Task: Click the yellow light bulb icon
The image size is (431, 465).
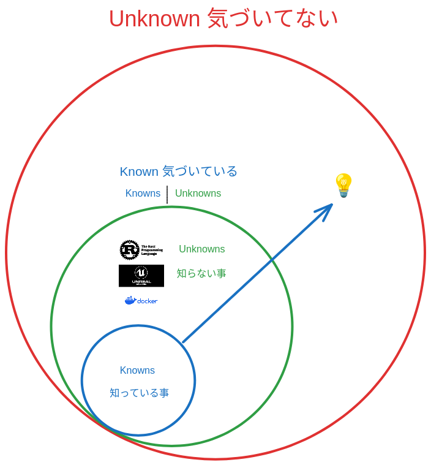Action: tap(343, 185)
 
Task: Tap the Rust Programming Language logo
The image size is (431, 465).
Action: tap(141, 251)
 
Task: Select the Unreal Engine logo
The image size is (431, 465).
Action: tap(141, 276)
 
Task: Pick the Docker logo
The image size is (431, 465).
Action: tap(141, 300)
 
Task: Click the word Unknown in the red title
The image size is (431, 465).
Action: tap(154, 19)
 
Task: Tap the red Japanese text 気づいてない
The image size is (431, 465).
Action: tap(272, 19)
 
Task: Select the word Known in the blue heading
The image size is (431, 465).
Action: tap(139, 172)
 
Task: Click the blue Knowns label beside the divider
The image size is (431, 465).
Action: tap(143, 194)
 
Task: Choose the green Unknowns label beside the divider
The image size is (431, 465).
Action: tap(198, 194)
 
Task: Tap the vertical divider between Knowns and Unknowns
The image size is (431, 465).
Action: tap(167, 194)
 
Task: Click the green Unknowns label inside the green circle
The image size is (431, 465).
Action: tap(201, 249)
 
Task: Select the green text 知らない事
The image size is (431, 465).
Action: tap(201, 273)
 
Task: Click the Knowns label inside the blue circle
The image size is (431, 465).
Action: tap(138, 371)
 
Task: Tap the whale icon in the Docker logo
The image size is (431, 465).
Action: tap(130, 300)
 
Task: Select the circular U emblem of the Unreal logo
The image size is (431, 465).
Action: tap(141, 272)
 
